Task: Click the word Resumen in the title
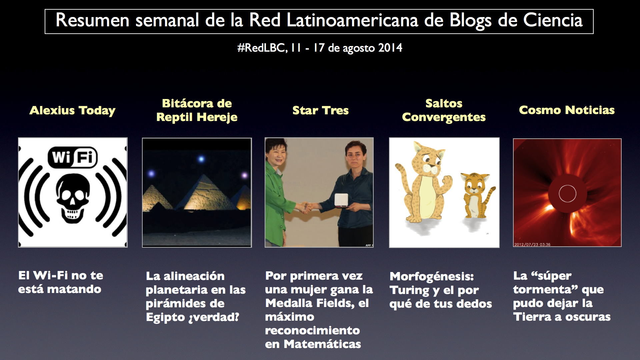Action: click(x=92, y=20)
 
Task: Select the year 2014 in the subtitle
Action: click(x=390, y=48)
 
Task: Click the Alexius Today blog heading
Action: click(x=72, y=110)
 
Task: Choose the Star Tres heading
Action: click(x=320, y=110)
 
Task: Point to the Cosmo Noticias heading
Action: click(x=567, y=110)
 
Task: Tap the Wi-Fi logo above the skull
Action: click(x=73, y=157)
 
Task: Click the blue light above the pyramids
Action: click(x=201, y=159)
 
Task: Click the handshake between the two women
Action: click(x=306, y=208)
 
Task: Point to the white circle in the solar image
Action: click(x=567, y=193)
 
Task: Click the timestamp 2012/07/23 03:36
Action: click(x=532, y=244)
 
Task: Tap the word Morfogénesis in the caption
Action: click(x=432, y=276)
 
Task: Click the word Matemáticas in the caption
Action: click(x=322, y=344)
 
